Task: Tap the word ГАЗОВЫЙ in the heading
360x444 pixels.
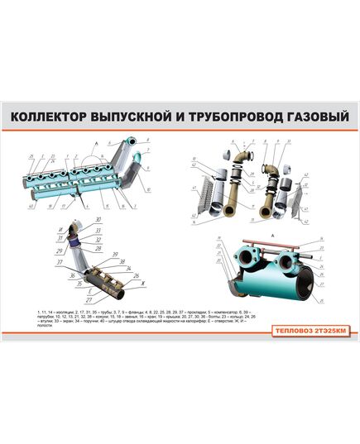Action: (311, 117)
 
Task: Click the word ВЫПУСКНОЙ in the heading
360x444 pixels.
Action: (135, 117)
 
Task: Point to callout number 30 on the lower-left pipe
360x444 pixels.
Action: (98, 219)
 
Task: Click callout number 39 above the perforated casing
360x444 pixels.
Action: (116, 255)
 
